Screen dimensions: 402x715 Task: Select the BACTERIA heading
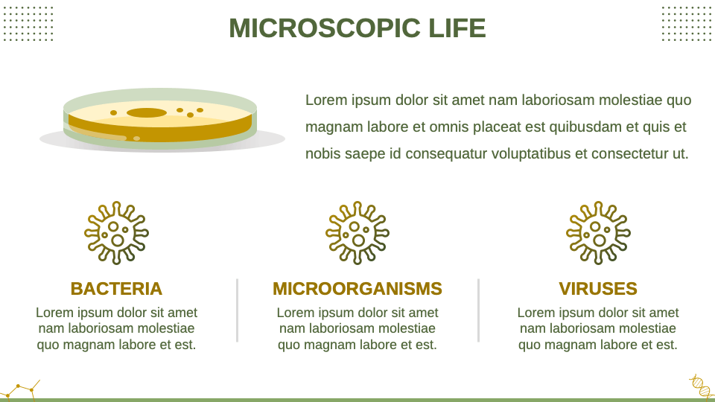pyautogui.click(x=116, y=289)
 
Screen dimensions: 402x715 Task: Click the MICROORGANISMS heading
pyautogui.click(x=357, y=289)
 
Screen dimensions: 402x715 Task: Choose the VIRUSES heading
pyautogui.click(x=598, y=289)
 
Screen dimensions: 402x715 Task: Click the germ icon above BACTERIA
pyautogui.click(x=116, y=232)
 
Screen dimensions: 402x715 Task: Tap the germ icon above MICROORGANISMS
pyautogui.click(x=357, y=232)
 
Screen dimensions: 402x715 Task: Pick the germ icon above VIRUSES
pyautogui.click(x=598, y=232)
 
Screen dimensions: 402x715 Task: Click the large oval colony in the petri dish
pyautogui.click(x=147, y=112)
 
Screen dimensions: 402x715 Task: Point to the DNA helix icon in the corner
pyautogui.click(x=701, y=386)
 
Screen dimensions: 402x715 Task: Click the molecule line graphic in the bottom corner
pyautogui.click(x=20, y=389)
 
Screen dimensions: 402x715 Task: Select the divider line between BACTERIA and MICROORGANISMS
pyautogui.click(x=237, y=310)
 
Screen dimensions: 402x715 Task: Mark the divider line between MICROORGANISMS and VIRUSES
pyautogui.click(x=478, y=310)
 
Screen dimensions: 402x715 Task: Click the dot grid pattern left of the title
pyautogui.click(x=28, y=23)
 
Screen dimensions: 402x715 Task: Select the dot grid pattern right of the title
pyautogui.click(x=687, y=23)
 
